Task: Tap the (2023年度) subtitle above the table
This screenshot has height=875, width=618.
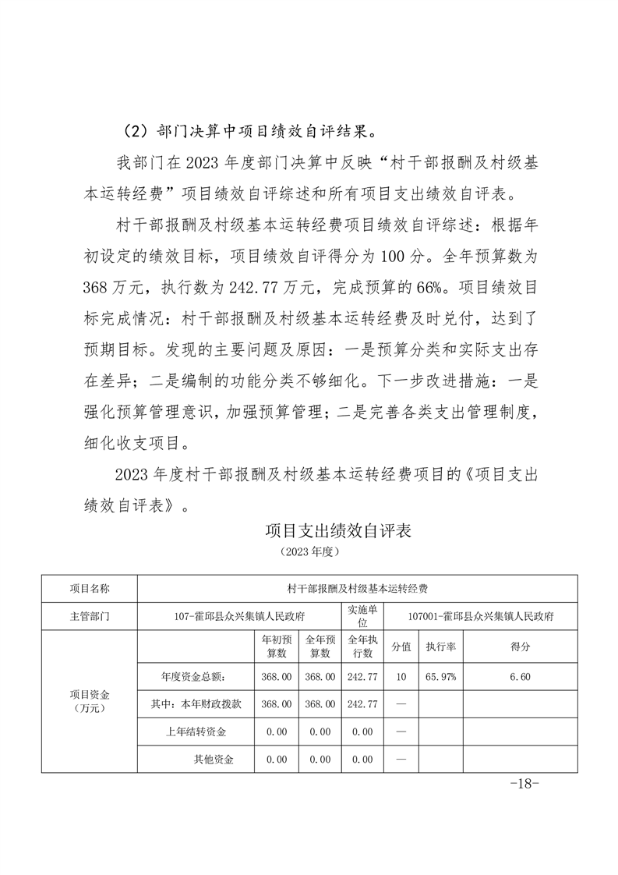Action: (309, 551)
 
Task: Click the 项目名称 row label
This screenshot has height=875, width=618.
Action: (90, 588)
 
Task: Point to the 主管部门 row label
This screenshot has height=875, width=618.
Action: (90, 615)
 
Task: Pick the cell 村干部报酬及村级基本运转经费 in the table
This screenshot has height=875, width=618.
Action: (358, 588)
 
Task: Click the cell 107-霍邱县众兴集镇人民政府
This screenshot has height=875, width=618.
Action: (238, 615)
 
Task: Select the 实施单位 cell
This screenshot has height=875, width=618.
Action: (362, 615)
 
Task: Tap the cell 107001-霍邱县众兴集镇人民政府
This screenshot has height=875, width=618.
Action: (481, 615)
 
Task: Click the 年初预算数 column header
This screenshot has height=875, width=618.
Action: (276, 647)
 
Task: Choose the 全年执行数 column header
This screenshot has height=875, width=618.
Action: (362, 647)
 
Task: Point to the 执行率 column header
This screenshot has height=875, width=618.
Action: (440, 647)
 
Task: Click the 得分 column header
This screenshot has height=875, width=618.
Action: (520, 647)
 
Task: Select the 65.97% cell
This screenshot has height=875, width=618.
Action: (440, 677)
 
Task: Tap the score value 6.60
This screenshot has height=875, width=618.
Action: (520, 677)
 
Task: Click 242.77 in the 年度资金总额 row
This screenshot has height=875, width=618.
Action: (362, 677)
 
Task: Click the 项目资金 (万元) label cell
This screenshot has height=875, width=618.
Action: (90, 701)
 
